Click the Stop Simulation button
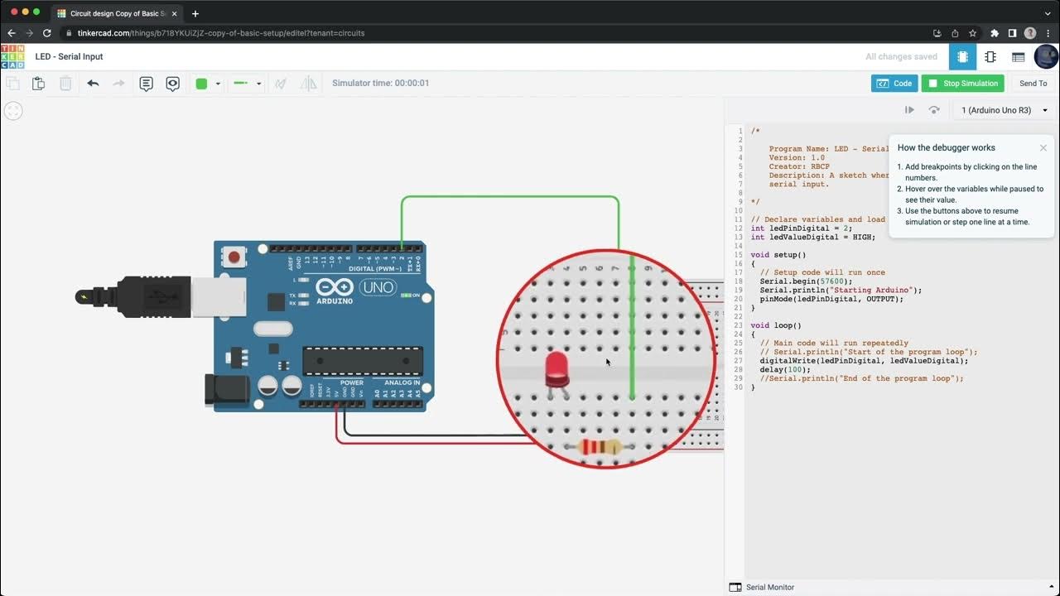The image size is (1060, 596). pyautogui.click(x=962, y=84)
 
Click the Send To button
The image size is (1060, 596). pyautogui.click(x=1033, y=84)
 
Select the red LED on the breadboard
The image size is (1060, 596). pyautogui.click(x=557, y=368)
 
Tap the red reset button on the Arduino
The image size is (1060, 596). pyautogui.click(x=234, y=257)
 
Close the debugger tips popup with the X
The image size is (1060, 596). pyautogui.click(x=1043, y=148)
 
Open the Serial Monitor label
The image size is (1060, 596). pyautogui.click(x=769, y=587)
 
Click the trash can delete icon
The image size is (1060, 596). pyautogui.click(x=65, y=84)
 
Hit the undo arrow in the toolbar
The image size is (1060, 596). pyautogui.click(x=93, y=84)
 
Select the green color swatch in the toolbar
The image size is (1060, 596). pyautogui.click(x=201, y=84)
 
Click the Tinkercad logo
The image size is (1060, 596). pyautogui.click(x=12, y=56)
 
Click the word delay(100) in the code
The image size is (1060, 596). pyautogui.click(x=778, y=370)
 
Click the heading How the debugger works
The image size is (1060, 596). pyautogui.click(x=946, y=148)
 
